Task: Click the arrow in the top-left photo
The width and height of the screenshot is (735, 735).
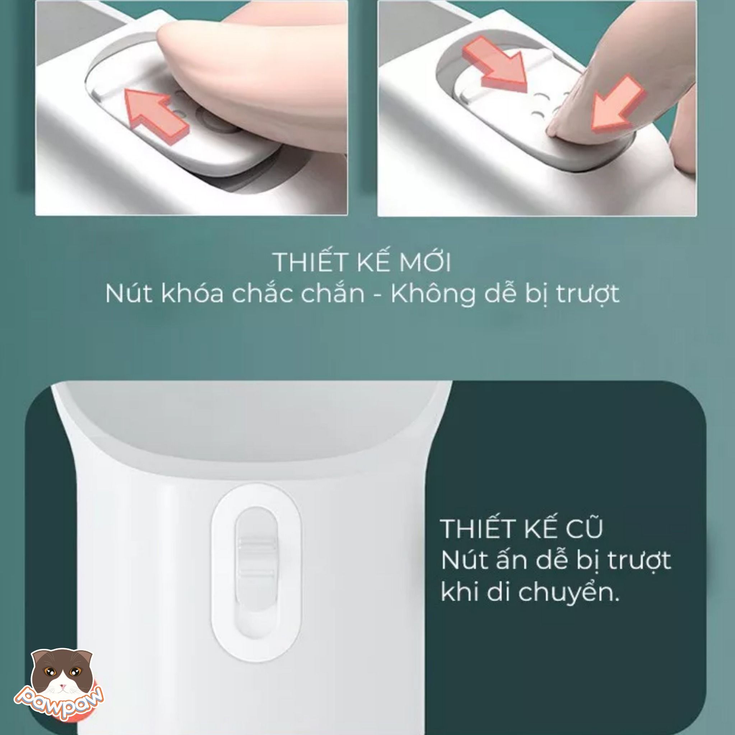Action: pyautogui.click(x=157, y=113)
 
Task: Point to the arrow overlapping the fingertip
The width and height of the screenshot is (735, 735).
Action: pyautogui.click(x=617, y=105)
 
